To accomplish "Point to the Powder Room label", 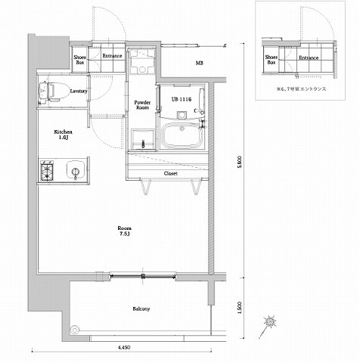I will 141,104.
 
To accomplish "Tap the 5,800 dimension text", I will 239,163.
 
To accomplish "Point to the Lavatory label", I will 79,92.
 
